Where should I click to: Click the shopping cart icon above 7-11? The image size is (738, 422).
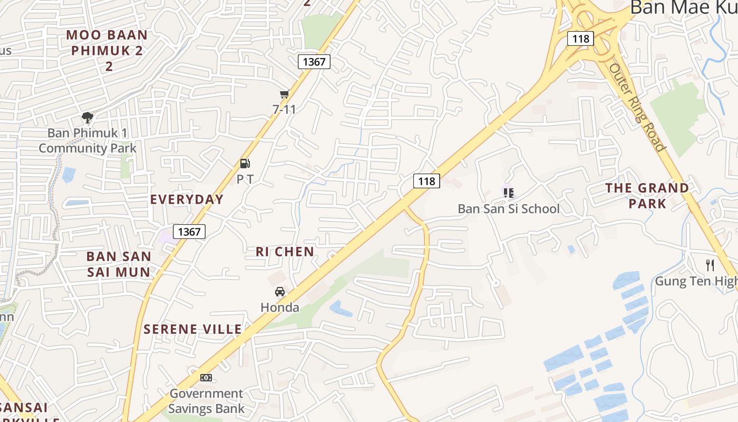point(284,94)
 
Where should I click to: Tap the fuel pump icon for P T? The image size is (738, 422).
point(245,164)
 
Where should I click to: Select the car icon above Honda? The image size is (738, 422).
point(280,292)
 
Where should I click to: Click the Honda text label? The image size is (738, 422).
point(280,308)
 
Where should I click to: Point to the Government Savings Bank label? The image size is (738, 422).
point(206,401)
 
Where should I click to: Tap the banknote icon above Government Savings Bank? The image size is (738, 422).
point(206,377)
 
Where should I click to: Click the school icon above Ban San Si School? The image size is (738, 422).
point(508,193)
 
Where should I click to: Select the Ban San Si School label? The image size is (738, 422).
point(508,209)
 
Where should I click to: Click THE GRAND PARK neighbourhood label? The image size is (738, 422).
point(647,196)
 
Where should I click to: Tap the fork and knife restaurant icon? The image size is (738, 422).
point(710,265)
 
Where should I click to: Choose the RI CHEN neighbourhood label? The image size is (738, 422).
point(285,252)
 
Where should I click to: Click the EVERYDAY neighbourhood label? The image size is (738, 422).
point(187,199)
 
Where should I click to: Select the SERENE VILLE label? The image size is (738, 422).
point(192,329)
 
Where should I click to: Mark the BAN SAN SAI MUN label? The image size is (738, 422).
point(119,264)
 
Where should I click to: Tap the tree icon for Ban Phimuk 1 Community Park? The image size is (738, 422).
point(88,117)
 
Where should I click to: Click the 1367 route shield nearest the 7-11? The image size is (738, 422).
point(314,62)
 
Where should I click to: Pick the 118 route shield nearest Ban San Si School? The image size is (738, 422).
point(426,181)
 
